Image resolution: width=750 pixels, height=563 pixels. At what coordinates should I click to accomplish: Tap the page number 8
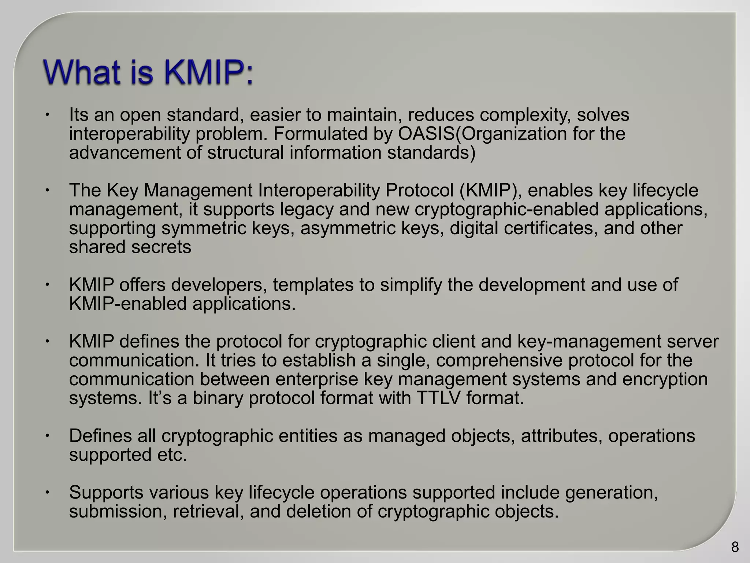[x=735, y=547]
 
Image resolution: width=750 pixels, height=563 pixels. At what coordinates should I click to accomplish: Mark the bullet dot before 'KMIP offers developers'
[x=47, y=285]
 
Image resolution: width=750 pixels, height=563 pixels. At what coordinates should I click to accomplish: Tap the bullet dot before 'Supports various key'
[x=47, y=492]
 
